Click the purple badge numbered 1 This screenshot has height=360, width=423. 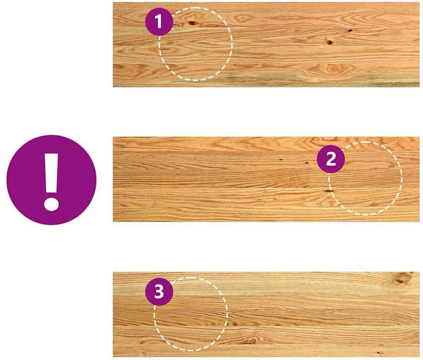pyautogui.click(x=159, y=22)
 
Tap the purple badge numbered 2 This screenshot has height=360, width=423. pyautogui.click(x=331, y=159)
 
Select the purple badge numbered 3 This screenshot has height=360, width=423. pyautogui.click(x=159, y=291)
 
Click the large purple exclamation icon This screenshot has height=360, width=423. pyautogui.click(x=51, y=180)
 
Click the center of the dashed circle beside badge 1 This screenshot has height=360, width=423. pyautogui.click(x=196, y=44)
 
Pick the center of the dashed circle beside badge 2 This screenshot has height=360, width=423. pyautogui.click(x=365, y=178)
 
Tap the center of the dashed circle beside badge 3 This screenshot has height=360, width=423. pyautogui.click(x=191, y=314)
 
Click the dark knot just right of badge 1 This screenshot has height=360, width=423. pyautogui.click(x=192, y=23)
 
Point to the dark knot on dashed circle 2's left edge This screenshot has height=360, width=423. pyautogui.click(x=328, y=191)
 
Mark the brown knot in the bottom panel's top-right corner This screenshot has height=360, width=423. pyautogui.click(x=402, y=279)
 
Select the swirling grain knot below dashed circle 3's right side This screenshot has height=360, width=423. pyautogui.click(x=249, y=341)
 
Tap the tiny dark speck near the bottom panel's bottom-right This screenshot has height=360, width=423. pyautogui.click(x=378, y=352)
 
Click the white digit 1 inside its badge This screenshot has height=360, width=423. pyautogui.click(x=159, y=21)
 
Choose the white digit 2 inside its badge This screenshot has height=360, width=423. pyautogui.click(x=331, y=159)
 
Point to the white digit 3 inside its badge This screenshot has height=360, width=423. pyautogui.click(x=159, y=291)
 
